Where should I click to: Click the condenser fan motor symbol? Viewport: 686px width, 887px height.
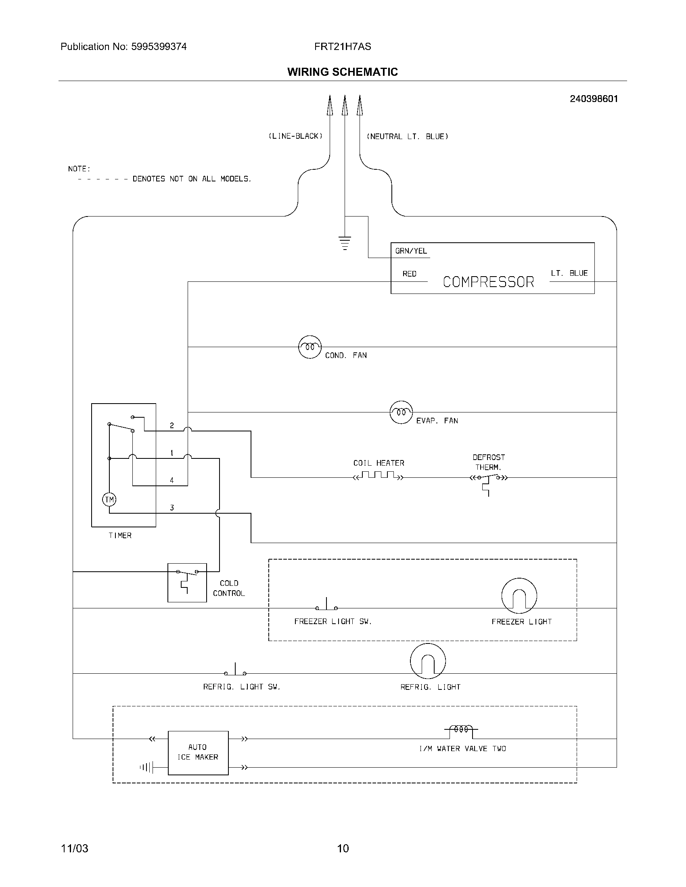coord(310,347)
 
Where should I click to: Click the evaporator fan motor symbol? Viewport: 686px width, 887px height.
coord(401,412)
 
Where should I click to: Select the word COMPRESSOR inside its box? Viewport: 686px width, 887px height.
coord(488,282)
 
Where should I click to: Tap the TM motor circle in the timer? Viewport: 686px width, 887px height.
coord(109,499)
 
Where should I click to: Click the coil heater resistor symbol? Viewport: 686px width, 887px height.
coord(379,476)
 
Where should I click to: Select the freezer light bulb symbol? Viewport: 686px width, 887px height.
coord(519,595)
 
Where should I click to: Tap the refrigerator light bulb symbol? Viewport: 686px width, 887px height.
coord(427,661)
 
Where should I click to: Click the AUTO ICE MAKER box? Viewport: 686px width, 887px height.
coord(198,753)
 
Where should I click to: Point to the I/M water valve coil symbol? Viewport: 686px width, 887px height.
coord(461,729)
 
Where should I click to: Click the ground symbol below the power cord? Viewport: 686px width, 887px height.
coord(345,242)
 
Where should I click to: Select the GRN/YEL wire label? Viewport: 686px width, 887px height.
coord(411,251)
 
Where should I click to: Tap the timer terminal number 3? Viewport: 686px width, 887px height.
coord(172,508)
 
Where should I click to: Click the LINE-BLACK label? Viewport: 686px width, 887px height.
coord(295,136)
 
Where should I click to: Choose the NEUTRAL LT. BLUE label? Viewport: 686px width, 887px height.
coord(407,137)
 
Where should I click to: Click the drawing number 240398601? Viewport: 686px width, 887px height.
coord(593,99)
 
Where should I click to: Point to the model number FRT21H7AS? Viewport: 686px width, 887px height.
coord(343,47)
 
